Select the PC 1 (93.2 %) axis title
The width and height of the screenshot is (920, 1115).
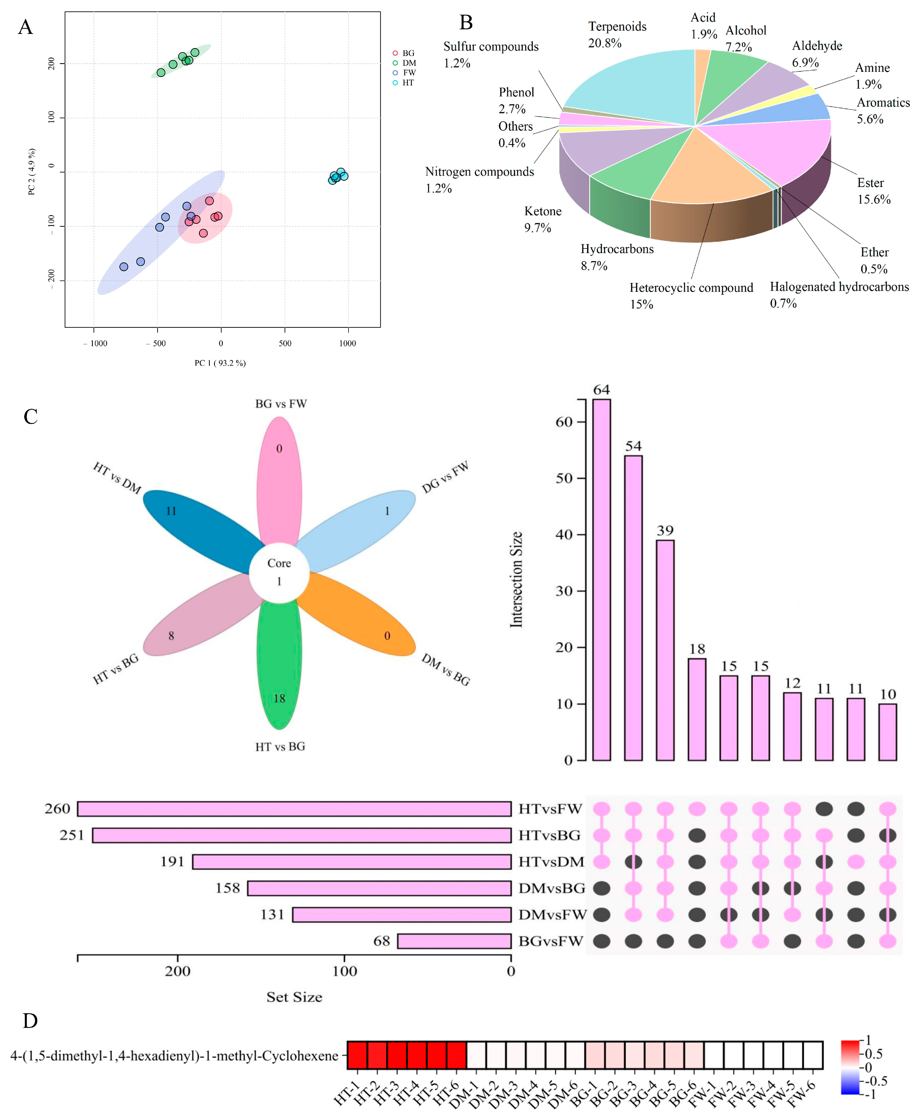(220, 363)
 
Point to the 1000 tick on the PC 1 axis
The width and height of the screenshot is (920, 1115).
(348, 343)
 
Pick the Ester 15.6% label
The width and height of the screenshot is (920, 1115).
(873, 191)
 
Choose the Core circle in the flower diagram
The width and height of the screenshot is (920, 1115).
(279, 572)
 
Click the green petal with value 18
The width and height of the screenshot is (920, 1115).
(279, 673)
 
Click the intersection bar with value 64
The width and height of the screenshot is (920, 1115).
(602, 580)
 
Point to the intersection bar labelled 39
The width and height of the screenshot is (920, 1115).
(665, 651)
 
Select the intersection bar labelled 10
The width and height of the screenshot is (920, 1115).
(888, 732)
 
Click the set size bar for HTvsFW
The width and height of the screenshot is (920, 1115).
(294, 809)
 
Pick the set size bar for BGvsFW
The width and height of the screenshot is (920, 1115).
(454, 941)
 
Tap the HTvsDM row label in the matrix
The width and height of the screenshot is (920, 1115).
(551, 862)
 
